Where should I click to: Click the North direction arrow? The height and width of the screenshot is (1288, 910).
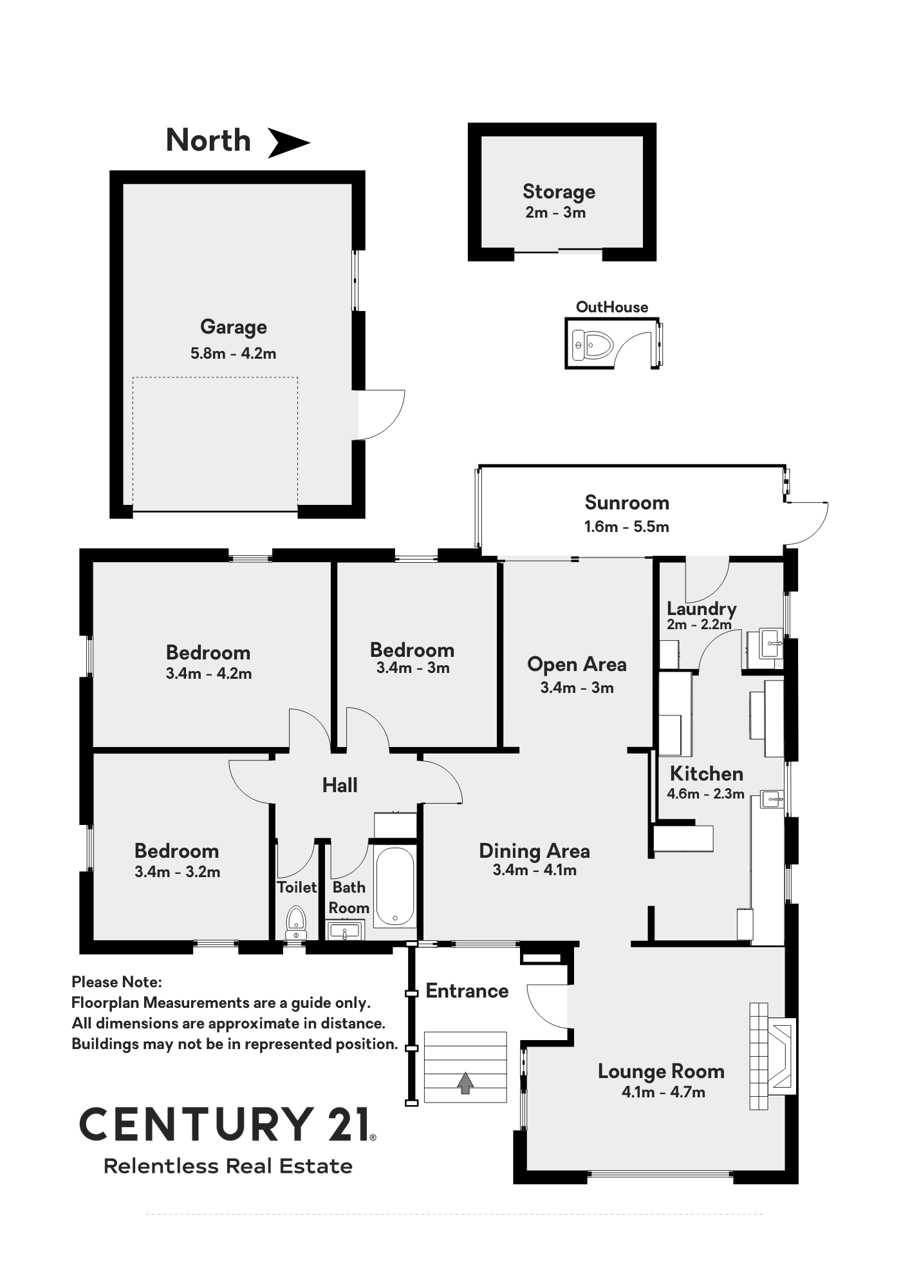(288, 142)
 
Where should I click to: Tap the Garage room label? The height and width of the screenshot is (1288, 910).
(234, 327)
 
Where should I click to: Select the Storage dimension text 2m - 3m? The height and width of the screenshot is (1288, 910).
(555, 213)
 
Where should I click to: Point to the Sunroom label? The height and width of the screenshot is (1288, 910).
(627, 502)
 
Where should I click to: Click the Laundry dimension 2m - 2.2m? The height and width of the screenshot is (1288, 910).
(700, 624)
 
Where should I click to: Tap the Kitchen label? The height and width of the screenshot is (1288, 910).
(707, 773)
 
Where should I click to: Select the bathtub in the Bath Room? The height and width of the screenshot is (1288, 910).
(395, 887)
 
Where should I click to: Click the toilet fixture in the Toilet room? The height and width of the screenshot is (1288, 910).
(296, 923)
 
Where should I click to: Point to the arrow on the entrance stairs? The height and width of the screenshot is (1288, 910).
(465, 1083)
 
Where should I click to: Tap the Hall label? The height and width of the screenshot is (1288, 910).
(340, 785)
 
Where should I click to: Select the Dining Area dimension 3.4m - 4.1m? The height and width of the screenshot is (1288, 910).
(534, 870)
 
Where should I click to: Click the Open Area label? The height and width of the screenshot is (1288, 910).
(577, 664)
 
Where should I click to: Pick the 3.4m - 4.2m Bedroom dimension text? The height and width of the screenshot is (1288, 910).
(209, 674)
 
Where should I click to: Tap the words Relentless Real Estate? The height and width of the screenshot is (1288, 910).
(228, 1166)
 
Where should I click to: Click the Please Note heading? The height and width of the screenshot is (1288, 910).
(116, 982)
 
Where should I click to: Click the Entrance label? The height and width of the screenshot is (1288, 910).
(467, 990)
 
